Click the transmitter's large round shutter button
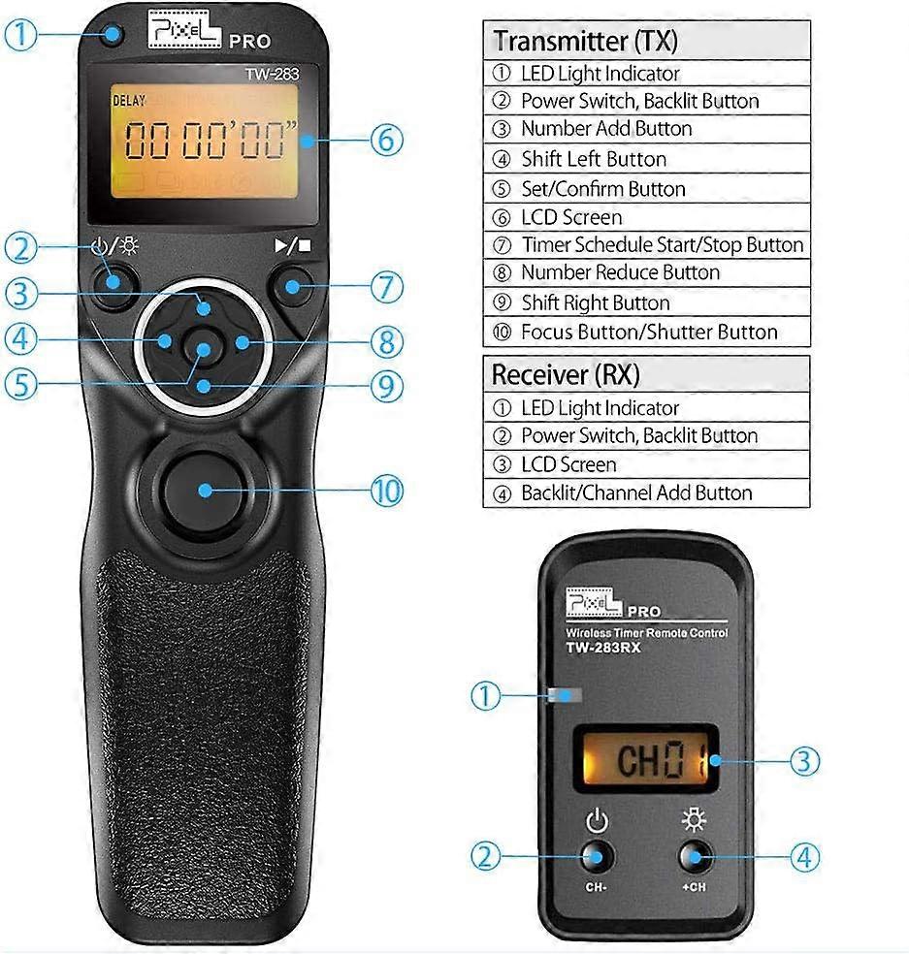203,489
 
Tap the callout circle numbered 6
385,140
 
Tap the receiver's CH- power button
597,857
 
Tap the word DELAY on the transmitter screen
128,99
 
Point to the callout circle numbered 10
386,491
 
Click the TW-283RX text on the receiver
602,649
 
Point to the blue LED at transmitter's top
114,38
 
